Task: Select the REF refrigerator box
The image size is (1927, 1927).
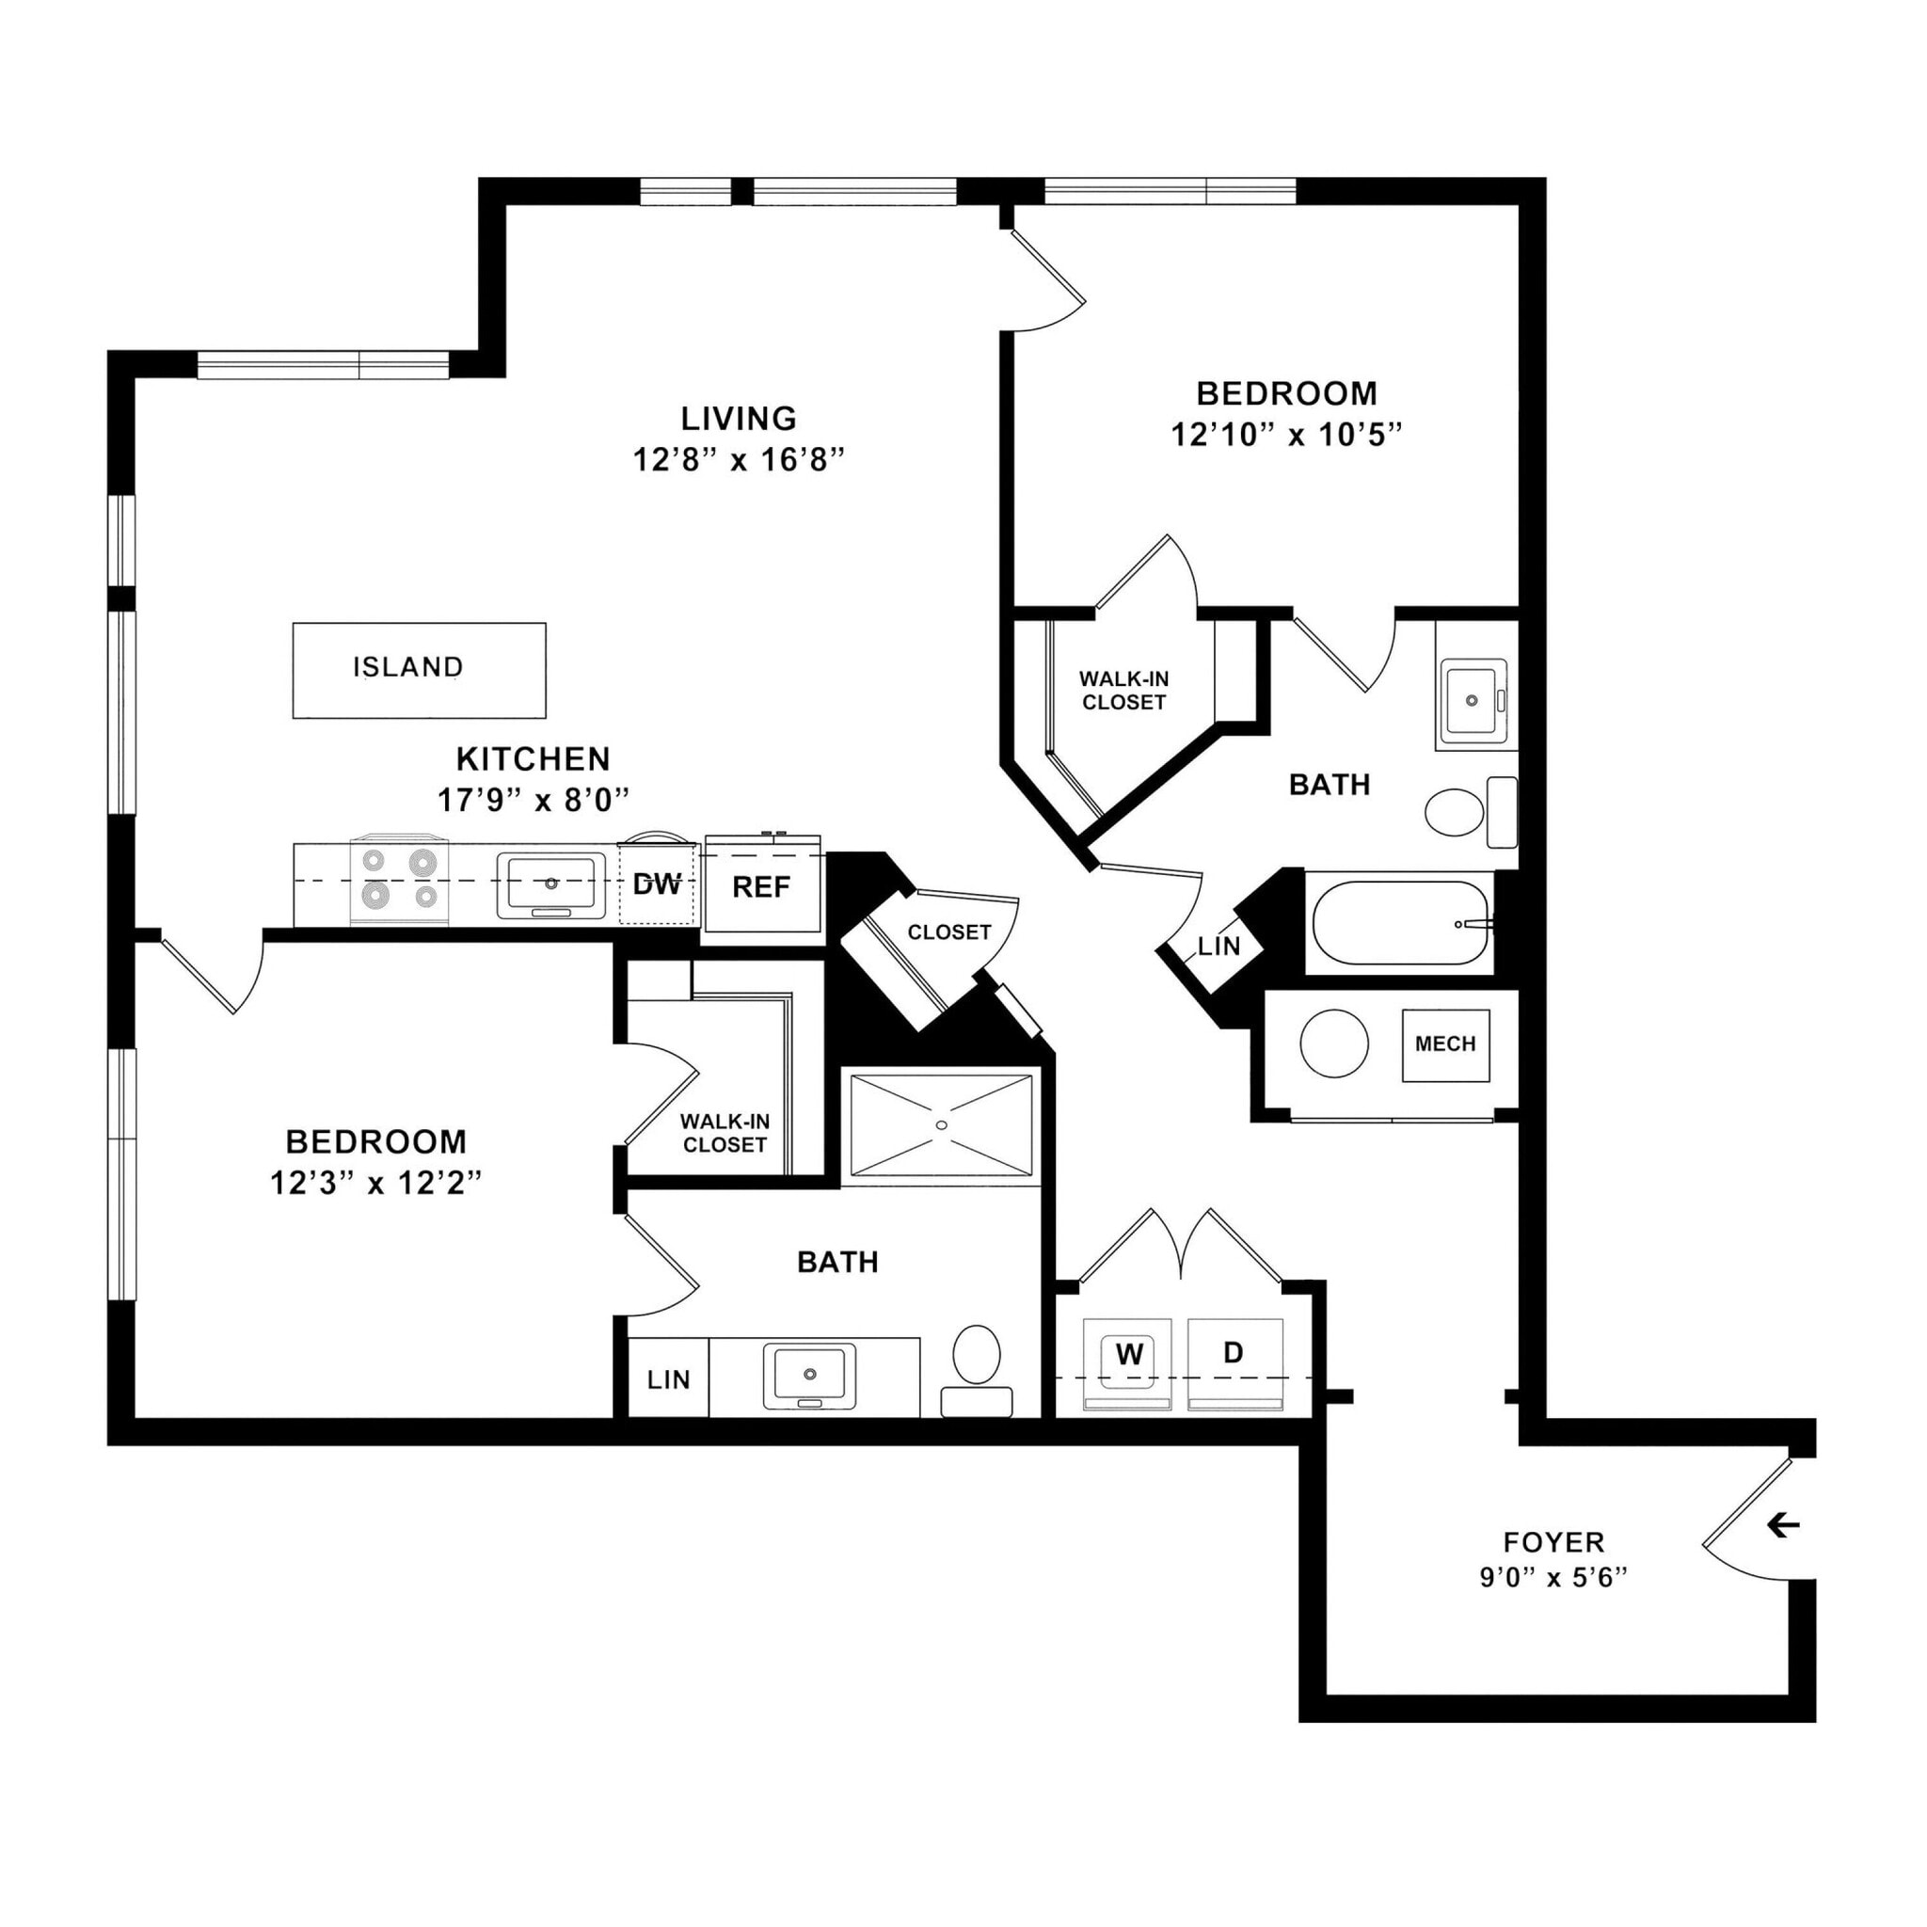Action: coord(763,887)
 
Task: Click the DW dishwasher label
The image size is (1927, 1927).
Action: coord(658,884)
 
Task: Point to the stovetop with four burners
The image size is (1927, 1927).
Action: coord(399,880)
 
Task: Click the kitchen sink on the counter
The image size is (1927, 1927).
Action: coord(551,884)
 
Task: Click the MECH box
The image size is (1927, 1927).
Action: coord(1445,1044)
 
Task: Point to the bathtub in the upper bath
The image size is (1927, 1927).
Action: coord(1399,923)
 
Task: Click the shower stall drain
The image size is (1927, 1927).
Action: coord(942,1125)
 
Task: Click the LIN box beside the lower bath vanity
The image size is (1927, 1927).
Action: coord(668,1380)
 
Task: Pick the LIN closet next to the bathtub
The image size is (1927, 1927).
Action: coord(1218,947)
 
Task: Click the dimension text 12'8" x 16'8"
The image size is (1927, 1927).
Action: coord(739,460)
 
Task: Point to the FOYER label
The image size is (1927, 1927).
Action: coord(1553,1542)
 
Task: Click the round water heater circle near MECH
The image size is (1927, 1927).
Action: coord(1333,1043)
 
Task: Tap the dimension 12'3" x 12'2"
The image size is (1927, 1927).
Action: coord(376,1184)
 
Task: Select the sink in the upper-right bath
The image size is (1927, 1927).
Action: coord(1472,700)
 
